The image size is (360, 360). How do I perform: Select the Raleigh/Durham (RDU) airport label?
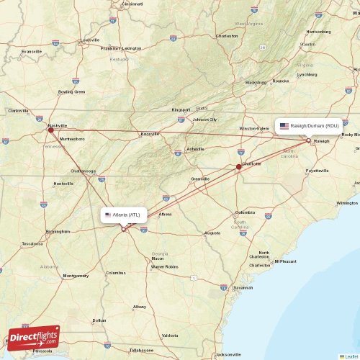click(309, 125)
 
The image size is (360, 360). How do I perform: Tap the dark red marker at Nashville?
click(50, 130)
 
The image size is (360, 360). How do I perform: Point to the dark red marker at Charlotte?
click(239, 167)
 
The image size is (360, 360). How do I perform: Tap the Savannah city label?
click(243, 288)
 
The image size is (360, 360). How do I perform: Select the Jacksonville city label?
click(229, 355)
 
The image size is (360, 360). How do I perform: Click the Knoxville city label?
click(150, 134)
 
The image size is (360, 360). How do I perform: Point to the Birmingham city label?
click(58, 232)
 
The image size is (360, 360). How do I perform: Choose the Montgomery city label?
click(76, 276)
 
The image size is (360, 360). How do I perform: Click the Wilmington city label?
click(347, 203)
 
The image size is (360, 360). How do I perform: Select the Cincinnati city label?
click(132, 4)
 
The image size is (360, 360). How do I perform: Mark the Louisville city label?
click(90, 40)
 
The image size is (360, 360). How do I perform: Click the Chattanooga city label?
click(83, 171)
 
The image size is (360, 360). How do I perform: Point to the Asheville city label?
click(195, 149)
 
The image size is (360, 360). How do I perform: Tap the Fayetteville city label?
click(318, 171)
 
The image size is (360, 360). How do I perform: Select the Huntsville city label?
click(63, 184)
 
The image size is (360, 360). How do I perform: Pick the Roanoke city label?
click(280, 81)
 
